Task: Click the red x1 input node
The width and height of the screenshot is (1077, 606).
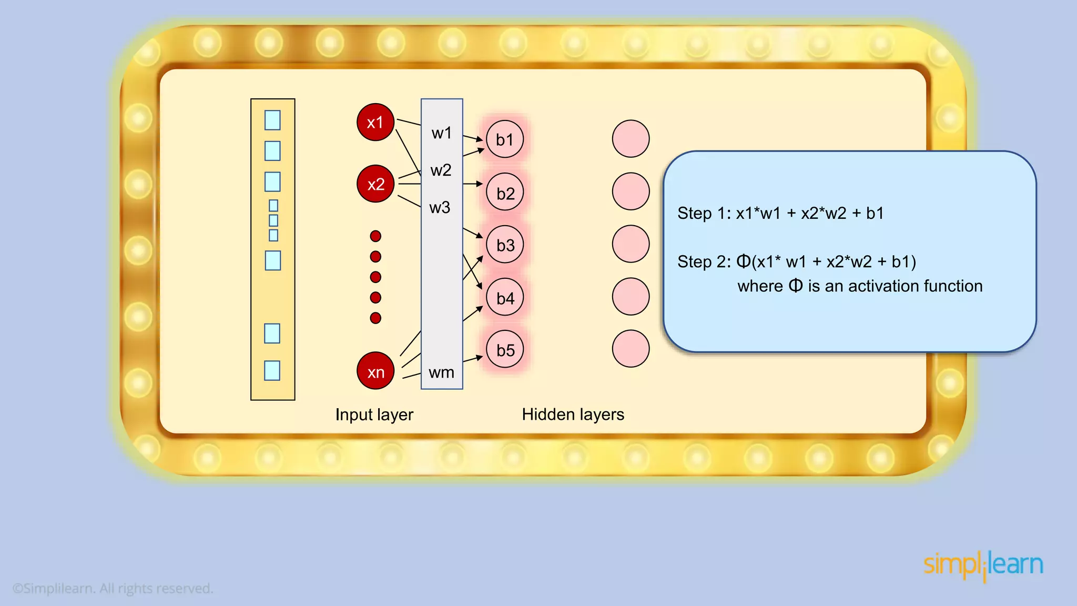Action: pyautogui.click(x=375, y=122)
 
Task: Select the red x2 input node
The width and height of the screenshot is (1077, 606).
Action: pyautogui.click(x=375, y=184)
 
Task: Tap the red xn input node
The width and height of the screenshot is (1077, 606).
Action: pyautogui.click(x=375, y=371)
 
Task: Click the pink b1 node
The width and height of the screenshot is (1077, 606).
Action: pyautogui.click(x=505, y=139)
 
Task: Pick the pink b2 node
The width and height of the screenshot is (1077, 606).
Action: pyautogui.click(x=505, y=193)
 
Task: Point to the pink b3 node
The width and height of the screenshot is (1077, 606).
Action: pyautogui.click(x=505, y=245)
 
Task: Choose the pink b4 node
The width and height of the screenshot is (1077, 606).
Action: pyautogui.click(x=505, y=297)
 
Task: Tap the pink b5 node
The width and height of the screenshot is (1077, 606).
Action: pyautogui.click(x=505, y=349)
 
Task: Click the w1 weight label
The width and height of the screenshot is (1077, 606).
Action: pyautogui.click(x=441, y=133)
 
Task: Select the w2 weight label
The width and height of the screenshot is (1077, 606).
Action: pyautogui.click(x=441, y=170)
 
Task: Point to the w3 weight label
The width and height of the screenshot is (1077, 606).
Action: pyautogui.click(x=440, y=208)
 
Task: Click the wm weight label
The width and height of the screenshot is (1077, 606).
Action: pyautogui.click(x=441, y=372)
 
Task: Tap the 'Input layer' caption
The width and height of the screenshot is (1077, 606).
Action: pyautogui.click(x=374, y=415)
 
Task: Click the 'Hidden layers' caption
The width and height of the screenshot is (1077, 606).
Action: pyautogui.click(x=573, y=415)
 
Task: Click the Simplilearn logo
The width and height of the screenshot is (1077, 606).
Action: pyautogui.click(x=983, y=565)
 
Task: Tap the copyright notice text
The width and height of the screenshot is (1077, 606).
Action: pyautogui.click(x=113, y=588)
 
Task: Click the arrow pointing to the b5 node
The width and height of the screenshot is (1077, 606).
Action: pyautogui.click(x=473, y=359)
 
